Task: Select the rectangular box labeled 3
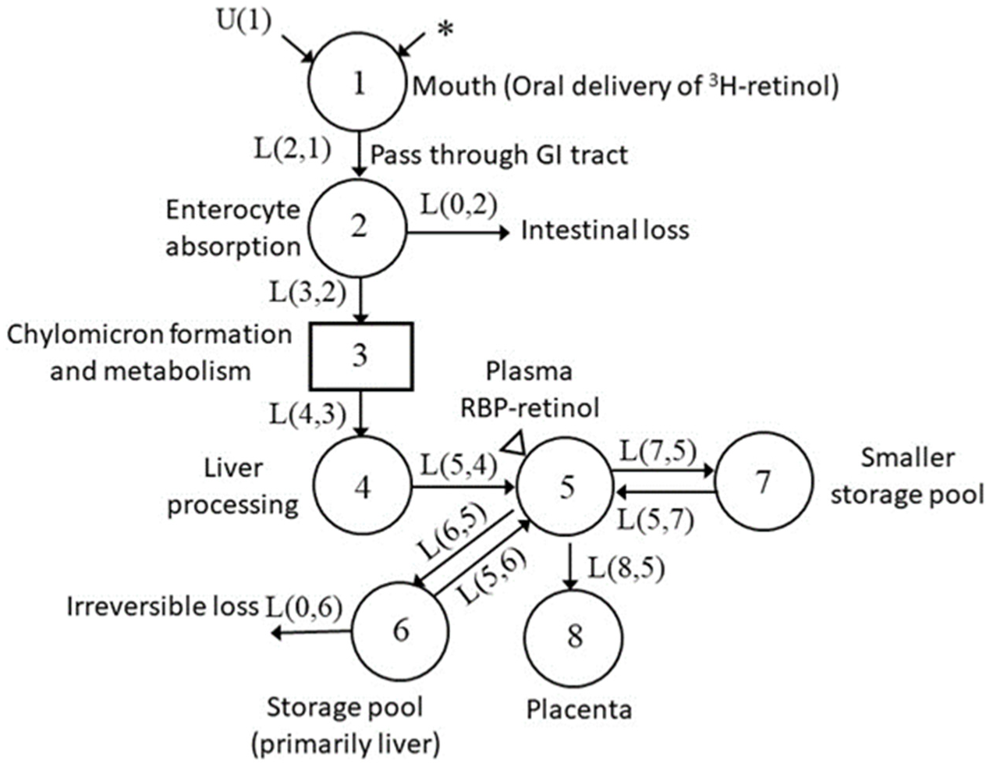[360, 356]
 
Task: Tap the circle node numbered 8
[574, 635]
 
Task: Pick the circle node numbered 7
[763, 482]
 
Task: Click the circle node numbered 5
[566, 487]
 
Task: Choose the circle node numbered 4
[362, 487]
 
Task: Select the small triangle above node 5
[515, 444]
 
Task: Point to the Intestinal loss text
[605, 231]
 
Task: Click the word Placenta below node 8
[578, 709]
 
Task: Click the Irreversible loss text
[163, 606]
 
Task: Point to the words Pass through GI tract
[498, 155]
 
